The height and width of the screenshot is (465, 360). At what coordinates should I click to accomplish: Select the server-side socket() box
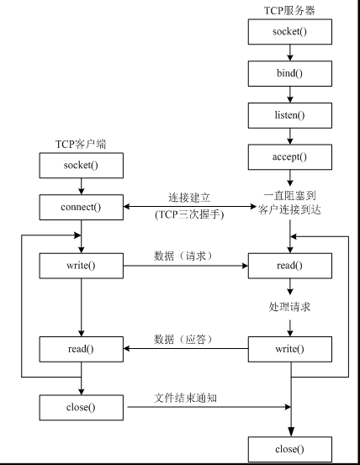click(x=289, y=32)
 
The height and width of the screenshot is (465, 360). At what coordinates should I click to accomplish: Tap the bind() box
click(x=289, y=73)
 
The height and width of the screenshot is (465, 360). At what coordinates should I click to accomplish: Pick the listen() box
click(x=289, y=114)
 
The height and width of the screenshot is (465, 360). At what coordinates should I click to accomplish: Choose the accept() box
click(x=289, y=156)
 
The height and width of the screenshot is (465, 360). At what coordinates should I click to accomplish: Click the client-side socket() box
click(x=81, y=165)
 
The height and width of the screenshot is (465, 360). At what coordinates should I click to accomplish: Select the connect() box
click(x=81, y=206)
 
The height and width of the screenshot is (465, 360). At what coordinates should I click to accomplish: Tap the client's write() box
click(x=81, y=267)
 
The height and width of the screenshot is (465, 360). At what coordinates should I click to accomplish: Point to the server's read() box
click(x=289, y=267)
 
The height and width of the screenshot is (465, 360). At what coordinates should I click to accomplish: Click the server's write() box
click(x=289, y=348)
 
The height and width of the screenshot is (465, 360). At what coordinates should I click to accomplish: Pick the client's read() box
click(x=81, y=348)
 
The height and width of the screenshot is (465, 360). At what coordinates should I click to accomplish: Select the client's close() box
click(x=81, y=408)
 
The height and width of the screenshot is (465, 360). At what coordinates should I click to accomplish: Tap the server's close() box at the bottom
click(x=289, y=449)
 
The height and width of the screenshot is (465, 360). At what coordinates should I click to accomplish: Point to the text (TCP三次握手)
click(x=188, y=214)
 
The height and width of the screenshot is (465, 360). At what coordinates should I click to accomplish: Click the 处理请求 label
click(x=290, y=308)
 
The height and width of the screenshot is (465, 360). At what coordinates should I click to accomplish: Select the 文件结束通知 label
click(x=188, y=397)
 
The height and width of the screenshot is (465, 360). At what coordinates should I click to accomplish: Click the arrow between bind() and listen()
click(x=289, y=94)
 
